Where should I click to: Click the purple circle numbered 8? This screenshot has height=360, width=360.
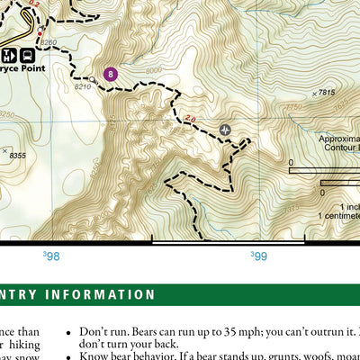[x=111, y=74]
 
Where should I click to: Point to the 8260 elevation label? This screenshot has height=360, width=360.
[x=49, y=43]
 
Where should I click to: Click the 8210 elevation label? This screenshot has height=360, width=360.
[x=83, y=87]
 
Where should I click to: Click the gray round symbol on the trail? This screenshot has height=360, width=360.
[x=225, y=130]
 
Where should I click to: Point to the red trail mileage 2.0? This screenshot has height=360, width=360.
[x=190, y=117]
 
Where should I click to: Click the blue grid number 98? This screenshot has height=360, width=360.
[x=52, y=256]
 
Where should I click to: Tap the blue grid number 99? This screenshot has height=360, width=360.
[x=259, y=256]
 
